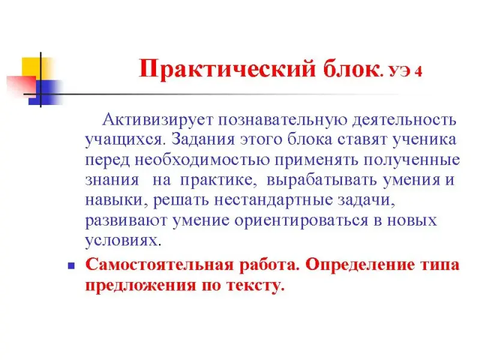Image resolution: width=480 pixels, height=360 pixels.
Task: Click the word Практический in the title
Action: tap(227, 69)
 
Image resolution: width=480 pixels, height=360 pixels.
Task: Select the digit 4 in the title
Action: tap(418, 71)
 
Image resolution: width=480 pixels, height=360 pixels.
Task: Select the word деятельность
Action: tap(404, 119)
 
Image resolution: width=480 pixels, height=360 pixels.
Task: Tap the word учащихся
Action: tap(125, 140)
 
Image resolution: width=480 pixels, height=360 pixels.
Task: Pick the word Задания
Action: tap(203, 140)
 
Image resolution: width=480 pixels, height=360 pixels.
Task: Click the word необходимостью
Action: tap(202, 160)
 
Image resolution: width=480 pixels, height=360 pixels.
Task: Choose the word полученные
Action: tap(412, 160)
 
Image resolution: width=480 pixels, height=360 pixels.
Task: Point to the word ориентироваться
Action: tap(301, 221)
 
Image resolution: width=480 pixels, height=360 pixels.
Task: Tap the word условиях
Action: tap(123, 241)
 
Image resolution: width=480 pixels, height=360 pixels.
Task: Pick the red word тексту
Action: tap(256, 286)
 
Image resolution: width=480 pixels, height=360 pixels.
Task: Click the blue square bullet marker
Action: tap(71, 265)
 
